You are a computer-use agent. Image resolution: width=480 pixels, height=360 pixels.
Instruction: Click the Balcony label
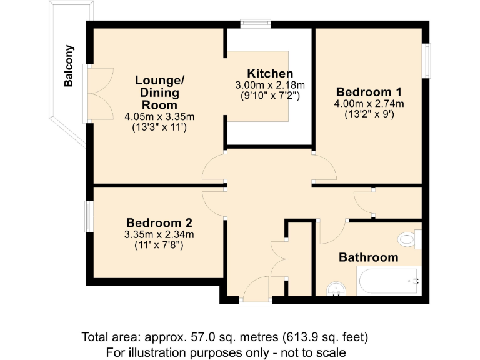coord(69,66)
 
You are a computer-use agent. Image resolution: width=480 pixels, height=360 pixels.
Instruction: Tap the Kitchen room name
coord(269,73)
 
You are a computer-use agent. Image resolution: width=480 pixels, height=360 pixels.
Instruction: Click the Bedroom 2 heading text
coord(159,223)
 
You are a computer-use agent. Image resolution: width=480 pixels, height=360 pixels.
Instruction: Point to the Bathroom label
coord(368,257)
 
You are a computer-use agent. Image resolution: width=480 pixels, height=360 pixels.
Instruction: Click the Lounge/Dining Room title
coord(160,92)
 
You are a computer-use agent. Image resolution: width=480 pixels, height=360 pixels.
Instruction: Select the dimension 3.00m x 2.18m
coord(269,85)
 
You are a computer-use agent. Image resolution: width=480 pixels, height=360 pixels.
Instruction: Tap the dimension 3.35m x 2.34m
coord(159,234)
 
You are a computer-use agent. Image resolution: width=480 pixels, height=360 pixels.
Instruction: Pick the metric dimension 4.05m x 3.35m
coord(160,116)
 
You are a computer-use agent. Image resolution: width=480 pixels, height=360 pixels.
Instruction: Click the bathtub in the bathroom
coord(388,282)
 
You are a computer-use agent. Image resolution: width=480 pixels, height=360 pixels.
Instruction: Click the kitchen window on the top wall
coord(256,24)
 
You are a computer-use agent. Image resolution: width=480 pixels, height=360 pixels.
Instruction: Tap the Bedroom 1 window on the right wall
coord(426,61)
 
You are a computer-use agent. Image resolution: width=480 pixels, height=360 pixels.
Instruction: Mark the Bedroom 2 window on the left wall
coord(89,216)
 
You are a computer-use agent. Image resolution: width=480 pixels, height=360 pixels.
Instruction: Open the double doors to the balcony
coord(99,93)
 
